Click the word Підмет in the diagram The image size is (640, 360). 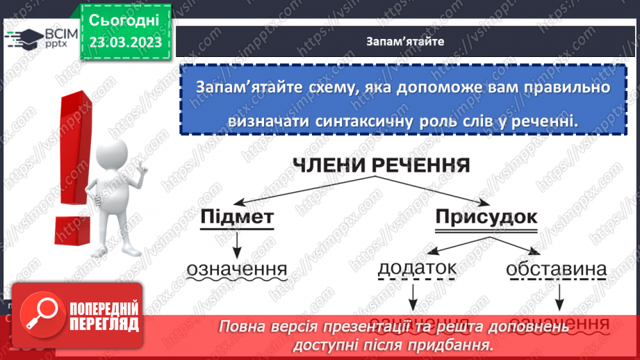(x=236, y=218)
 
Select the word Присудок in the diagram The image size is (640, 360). (x=486, y=218)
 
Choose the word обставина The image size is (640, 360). (x=557, y=270)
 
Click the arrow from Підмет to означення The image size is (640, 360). (x=237, y=244)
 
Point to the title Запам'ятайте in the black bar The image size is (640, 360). (x=405, y=41)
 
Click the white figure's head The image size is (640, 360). (x=111, y=154)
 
